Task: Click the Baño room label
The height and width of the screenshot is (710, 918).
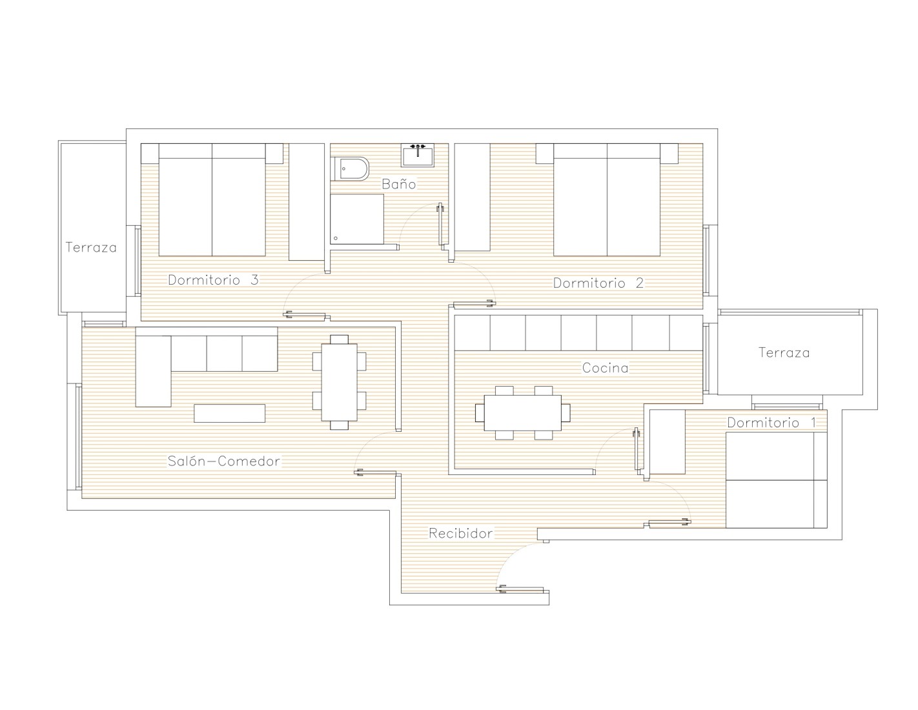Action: click(x=398, y=184)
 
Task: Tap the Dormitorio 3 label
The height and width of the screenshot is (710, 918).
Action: click(x=213, y=279)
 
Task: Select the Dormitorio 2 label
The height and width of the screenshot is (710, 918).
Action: click(x=598, y=283)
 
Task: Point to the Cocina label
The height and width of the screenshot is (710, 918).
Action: click(x=605, y=367)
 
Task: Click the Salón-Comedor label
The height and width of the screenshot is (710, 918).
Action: click(x=223, y=461)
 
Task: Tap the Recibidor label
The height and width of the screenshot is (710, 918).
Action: click(x=460, y=533)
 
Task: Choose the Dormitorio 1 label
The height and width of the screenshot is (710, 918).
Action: click(x=771, y=422)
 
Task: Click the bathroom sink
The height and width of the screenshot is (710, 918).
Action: click(x=418, y=155)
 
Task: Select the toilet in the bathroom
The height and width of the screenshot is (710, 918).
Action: click(x=349, y=169)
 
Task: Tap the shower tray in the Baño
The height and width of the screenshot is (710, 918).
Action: click(x=357, y=219)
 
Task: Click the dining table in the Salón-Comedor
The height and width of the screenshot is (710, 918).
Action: click(x=339, y=382)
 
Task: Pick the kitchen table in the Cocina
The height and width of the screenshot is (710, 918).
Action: click(x=522, y=412)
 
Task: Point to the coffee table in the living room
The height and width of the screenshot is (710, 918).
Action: click(x=229, y=413)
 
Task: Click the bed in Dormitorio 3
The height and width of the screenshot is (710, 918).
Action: click(x=212, y=200)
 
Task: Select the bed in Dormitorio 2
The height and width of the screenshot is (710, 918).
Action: click(x=607, y=200)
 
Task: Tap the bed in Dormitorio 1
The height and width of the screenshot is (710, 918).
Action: click(x=777, y=480)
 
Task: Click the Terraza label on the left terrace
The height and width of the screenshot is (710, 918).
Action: click(x=91, y=247)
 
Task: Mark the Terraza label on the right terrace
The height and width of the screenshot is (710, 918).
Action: click(x=784, y=352)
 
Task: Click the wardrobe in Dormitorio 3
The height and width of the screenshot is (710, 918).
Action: click(x=306, y=202)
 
